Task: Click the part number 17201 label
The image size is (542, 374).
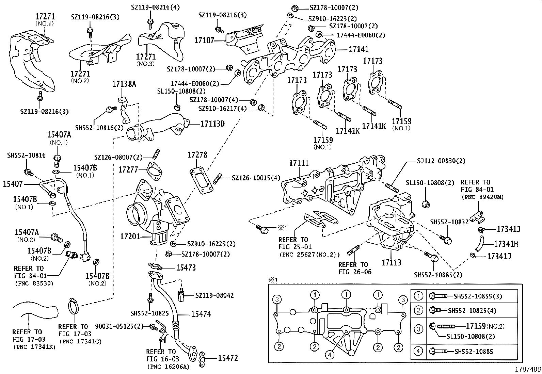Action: [x=130, y=235]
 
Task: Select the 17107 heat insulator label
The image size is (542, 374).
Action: [x=204, y=40]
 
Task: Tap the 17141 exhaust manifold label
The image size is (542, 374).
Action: [x=358, y=49]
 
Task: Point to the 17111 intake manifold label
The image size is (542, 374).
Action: [x=299, y=164]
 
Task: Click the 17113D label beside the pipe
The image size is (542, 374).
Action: [x=212, y=124]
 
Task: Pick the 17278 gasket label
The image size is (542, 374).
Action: [x=197, y=155]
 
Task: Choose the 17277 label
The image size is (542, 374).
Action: [x=128, y=169]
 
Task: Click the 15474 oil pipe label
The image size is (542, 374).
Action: [x=201, y=314]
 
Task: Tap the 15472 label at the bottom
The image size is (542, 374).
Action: [x=228, y=358]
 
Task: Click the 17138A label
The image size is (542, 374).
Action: [x=124, y=84]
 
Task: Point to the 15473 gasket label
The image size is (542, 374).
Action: [x=186, y=268]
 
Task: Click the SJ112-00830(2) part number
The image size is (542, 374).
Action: [x=441, y=161]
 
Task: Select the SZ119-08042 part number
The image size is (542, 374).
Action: [x=214, y=295]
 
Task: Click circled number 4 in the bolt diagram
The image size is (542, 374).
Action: [x=329, y=355]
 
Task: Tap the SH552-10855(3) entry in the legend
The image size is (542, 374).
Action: [x=478, y=296]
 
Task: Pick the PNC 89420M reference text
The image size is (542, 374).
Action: [x=482, y=197]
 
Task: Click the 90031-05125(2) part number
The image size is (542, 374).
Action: [x=119, y=326]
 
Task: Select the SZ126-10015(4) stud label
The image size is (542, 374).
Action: [x=256, y=178]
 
